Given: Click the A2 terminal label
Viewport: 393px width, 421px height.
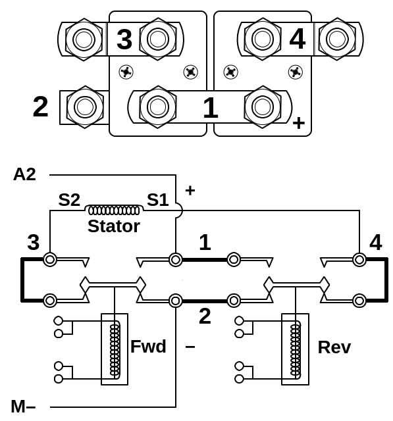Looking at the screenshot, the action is pos(24,174).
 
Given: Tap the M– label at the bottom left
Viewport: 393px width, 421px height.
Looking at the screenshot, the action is pos(24,407).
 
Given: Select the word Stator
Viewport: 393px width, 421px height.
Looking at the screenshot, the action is pos(114,226).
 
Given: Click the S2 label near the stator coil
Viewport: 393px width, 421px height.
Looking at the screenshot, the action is pos(69,200).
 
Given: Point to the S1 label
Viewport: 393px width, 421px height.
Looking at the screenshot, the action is pos(158,200).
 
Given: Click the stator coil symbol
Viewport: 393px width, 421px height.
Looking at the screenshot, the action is pos(114,210).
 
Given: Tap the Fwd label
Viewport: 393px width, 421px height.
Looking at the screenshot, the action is pos(148,347).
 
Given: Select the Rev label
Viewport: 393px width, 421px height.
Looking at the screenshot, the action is pos(334,347).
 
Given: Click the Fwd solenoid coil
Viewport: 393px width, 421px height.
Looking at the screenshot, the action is pos(115,349).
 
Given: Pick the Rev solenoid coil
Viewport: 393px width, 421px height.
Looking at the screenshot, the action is pos(296,349).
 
